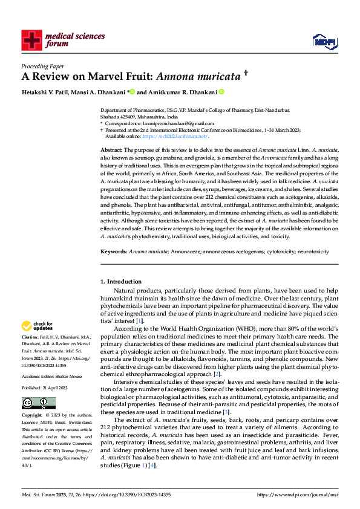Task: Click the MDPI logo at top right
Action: [x=324, y=41]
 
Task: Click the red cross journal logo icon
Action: [x=31, y=41]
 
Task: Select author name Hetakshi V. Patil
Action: [x=44, y=92]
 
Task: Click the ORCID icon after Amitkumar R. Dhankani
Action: [x=221, y=92]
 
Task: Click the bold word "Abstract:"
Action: [x=111, y=149]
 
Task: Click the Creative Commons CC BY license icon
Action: [x=35, y=402]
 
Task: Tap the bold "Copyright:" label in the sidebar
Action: [x=32, y=416]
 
